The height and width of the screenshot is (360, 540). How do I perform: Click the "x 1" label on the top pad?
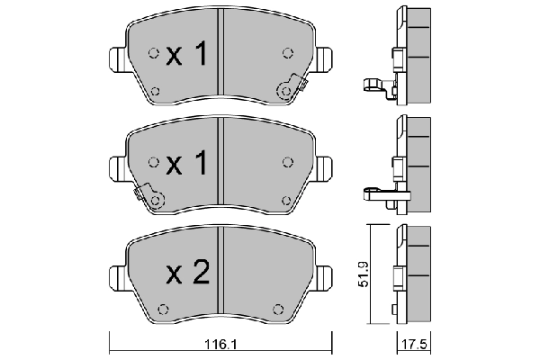pos(187,56)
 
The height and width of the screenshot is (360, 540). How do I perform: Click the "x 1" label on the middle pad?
pos(187,163)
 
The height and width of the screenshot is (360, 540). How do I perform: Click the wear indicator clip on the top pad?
pos(291,87)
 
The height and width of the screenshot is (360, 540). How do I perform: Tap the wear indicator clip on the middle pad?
pos(149,197)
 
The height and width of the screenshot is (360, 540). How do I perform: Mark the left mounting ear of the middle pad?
pos(117,165)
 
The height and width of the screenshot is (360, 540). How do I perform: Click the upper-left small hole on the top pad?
pos(154,51)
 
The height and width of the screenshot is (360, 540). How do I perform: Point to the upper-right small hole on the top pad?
pos(287,51)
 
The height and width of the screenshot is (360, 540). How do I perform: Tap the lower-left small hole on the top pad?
pos(154,90)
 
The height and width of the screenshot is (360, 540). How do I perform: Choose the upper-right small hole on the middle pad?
pos(287,162)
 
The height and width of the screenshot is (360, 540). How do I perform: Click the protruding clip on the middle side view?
pos(376,192)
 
